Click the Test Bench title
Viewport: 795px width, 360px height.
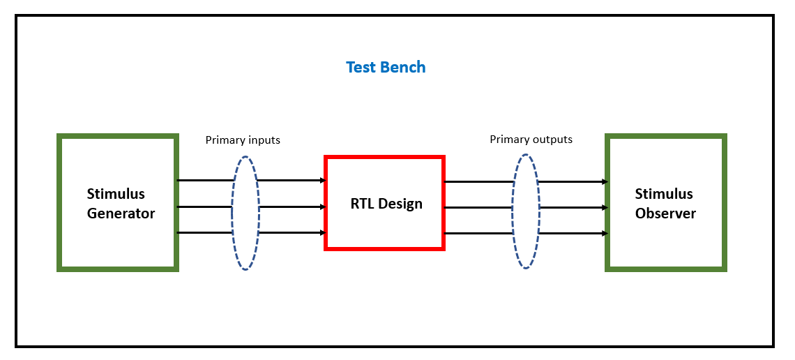pos(386,68)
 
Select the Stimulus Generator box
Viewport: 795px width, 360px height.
pos(118,202)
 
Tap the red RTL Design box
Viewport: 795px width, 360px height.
pos(384,203)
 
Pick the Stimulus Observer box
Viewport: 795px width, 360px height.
pos(666,202)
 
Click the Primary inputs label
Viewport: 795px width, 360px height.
pos(243,140)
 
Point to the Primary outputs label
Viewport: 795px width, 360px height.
pos(531,140)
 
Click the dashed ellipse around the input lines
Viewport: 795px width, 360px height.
pos(245,157)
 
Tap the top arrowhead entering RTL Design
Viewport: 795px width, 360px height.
pos(322,181)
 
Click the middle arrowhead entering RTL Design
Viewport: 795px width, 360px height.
pos(322,207)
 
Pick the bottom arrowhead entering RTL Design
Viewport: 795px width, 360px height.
pos(322,233)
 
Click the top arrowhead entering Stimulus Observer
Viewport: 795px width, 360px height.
pos(605,182)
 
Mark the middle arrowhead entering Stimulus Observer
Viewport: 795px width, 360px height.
pos(605,208)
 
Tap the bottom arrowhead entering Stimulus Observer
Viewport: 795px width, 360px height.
pos(605,234)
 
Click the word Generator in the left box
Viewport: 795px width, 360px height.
pos(121,213)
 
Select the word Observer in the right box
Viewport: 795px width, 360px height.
pos(665,213)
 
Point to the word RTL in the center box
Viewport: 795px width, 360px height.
pos(362,204)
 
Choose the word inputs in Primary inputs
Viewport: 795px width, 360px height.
pos(264,140)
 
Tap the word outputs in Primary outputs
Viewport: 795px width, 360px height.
pos(551,140)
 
